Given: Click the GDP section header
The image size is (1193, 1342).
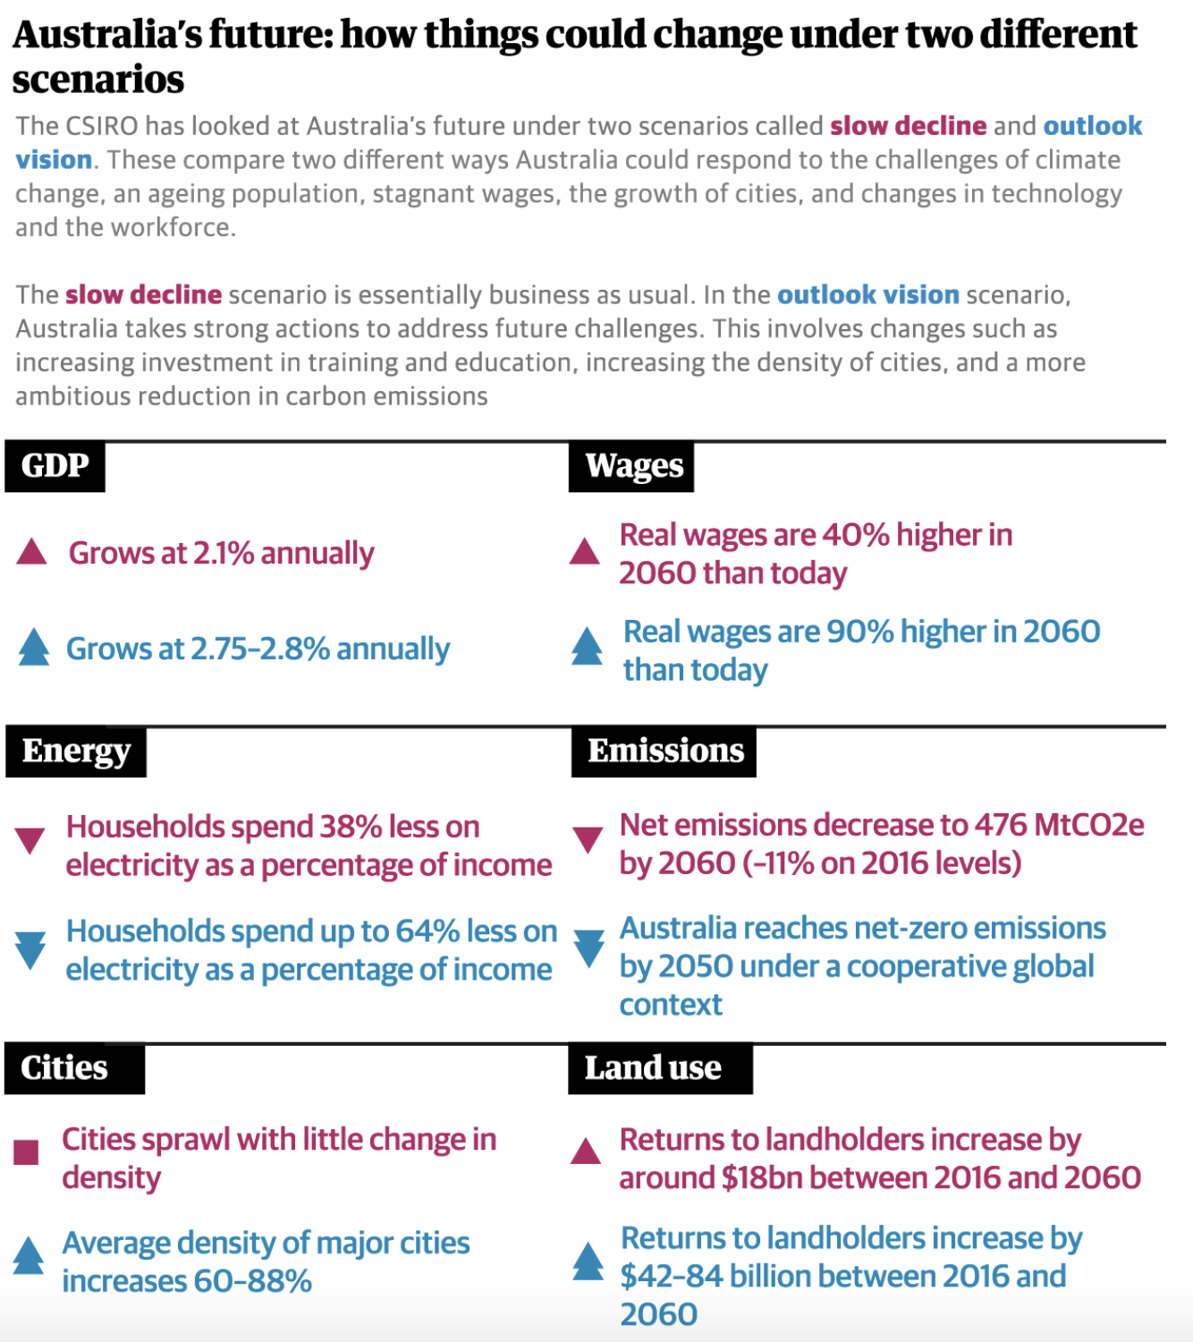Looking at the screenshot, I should click(x=55, y=466).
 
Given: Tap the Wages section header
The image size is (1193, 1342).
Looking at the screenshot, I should click(x=633, y=466).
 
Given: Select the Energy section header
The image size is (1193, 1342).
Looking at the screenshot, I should click(x=76, y=752).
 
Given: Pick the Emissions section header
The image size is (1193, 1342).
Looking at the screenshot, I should click(x=664, y=752).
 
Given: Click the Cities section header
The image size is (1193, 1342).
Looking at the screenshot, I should click(x=64, y=1068).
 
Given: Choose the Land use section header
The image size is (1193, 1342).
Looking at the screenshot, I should click(x=653, y=1068).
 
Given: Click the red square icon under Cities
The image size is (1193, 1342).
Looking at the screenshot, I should click(x=27, y=1152).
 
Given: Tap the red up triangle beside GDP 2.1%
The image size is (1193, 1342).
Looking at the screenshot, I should click(x=31, y=552).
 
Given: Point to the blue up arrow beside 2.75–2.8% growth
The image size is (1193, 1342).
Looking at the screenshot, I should click(x=34, y=647).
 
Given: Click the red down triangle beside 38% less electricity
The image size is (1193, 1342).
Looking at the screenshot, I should click(x=30, y=840).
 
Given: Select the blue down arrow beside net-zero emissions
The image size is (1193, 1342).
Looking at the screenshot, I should click(x=588, y=948).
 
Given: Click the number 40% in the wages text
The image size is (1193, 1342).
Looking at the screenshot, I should click(x=856, y=535).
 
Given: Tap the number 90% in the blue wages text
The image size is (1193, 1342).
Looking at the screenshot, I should click(x=859, y=632).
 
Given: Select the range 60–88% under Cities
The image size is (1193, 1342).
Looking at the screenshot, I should click(x=252, y=1281).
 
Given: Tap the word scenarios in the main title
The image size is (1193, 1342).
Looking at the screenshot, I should click(x=98, y=80).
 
